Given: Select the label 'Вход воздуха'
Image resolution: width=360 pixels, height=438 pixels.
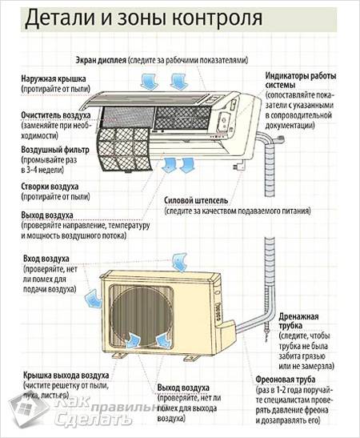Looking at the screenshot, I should [x=46, y=259].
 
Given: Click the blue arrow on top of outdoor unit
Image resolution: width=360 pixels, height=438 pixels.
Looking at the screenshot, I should [x=180, y=260].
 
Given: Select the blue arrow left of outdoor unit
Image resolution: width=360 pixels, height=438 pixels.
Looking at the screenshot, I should [x=94, y=299].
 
